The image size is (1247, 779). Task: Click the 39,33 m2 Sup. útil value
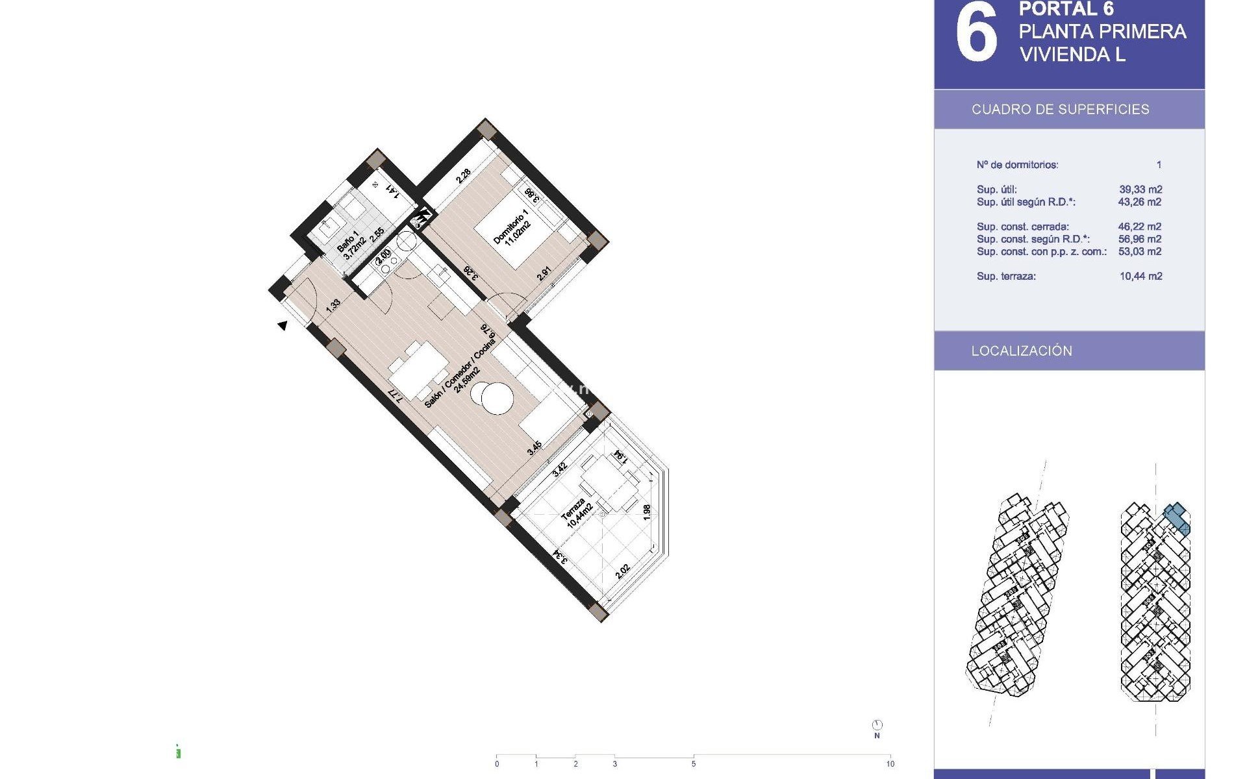1140,190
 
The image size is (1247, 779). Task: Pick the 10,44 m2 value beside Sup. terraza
1140,276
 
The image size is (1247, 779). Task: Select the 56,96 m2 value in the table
1140,239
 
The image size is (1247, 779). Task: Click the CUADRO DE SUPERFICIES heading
1060,109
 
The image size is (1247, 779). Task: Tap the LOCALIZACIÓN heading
1022,351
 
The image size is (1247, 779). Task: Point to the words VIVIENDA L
1072,55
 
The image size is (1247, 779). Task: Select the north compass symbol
877,725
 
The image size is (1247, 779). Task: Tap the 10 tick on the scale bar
890,763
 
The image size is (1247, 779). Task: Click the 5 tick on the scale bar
694,763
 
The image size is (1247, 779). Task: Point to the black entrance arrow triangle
283,325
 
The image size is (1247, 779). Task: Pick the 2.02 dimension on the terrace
622,571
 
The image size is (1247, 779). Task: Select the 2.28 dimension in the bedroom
463,177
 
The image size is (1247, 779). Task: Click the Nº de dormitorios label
1017,165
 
